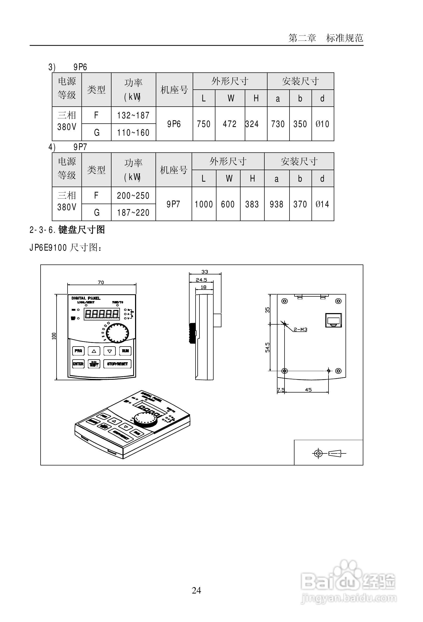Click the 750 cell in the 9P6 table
pyautogui.click(x=204, y=124)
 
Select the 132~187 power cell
pyautogui.click(x=133, y=115)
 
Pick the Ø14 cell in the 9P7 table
pyautogui.click(x=322, y=204)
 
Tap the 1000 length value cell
pyautogui.click(x=204, y=204)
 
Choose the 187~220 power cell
pyautogui.click(x=133, y=212)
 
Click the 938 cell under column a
pyautogui.click(x=277, y=204)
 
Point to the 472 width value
pyautogui.click(x=230, y=124)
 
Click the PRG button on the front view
pyautogui.click(x=78, y=351)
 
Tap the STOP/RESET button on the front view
pyautogui.click(x=118, y=364)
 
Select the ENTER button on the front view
pyautogui.click(x=78, y=364)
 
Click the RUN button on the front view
pyautogui.click(x=125, y=351)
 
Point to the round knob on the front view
pyautogui.click(x=118, y=333)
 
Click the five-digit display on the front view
pyautogui.click(x=102, y=314)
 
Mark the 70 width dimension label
pyautogui.click(x=101, y=282)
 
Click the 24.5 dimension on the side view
pyautogui.click(x=201, y=280)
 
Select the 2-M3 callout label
pyautogui.click(x=300, y=330)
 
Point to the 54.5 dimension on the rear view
pyautogui.click(x=268, y=347)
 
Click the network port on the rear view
pyautogui.click(x=333, y=320)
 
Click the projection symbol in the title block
pyautogui.click(x=330, y=453)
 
